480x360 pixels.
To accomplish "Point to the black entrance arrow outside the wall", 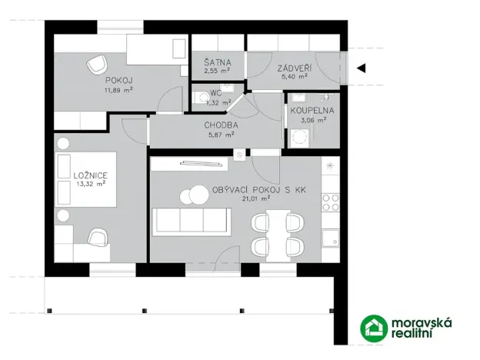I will pyautogui.click(x=361, y=68).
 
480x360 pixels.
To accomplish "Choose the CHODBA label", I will pyautogui.click(x=220, y=124).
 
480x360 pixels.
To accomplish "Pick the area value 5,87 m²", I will pyautogui.click(x=220, y=133).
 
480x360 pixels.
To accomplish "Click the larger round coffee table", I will pyautogui.click(x=192, y=196).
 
